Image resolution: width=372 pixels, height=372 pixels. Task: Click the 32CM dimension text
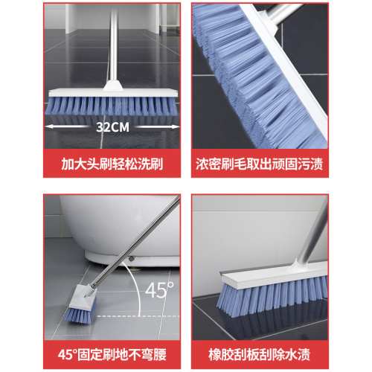(x=112, y=126)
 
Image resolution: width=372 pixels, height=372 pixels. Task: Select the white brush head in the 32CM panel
(x=112, y=93)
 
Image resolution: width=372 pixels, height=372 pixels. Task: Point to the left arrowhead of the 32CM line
(x=48, y=126)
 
